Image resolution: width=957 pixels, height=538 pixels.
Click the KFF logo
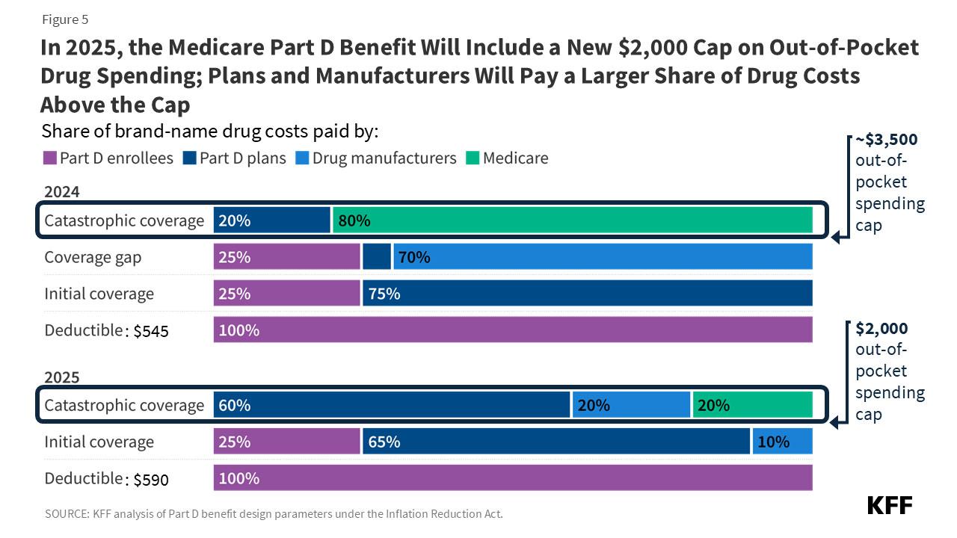pyautogui.click(x=890, y=505)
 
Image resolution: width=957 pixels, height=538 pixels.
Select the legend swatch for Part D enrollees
pyautogui.click(x=50, y=158)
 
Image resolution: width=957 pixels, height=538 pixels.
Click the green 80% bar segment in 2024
pyautogui.click(x=572, y=220)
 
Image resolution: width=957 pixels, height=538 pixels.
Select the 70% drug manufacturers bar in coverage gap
pyautogui.click(x=602, y=257)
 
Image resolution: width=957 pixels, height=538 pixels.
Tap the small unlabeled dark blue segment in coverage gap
pyautogui.click(x=377, y=257)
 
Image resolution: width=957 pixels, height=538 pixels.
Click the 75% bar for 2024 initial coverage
pyautogui.click(x=587, y=294)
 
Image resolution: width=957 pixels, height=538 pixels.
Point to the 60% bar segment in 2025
pyautogui.click(x=392, y=405)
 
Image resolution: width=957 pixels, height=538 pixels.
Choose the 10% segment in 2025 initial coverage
pyautogui.click(x=782, y=442)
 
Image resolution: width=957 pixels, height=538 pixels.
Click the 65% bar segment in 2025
pyautogui.click(x=556, y=442)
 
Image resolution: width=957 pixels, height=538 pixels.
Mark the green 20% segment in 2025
pyautogui.click(x=752, y=405)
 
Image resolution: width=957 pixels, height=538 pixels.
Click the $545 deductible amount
pyautogui.click(x=151, y=332)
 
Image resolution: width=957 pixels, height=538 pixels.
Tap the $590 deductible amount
pyautogui.click(x=151, y=480)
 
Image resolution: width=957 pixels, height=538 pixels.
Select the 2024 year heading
pyautogui.click(x=61, y=192)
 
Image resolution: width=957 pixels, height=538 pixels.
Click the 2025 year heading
pyautogui.click(x=61, y=377)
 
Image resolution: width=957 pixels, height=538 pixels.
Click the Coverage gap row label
pyautogui.click(x=93, y=257)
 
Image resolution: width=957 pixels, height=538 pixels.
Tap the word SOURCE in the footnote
pyautogui.click(x=65, y=514)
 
